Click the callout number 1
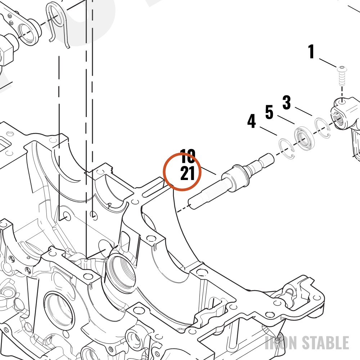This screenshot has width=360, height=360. click(311, 51)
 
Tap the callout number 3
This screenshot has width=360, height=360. click(287, 102)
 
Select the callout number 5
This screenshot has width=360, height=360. click(269, 112)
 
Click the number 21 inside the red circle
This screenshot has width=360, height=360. click(188, 174)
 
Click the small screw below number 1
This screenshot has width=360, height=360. click(342, 76)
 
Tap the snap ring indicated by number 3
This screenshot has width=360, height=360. click(323, 128)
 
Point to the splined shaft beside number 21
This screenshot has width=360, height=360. click(231, 181)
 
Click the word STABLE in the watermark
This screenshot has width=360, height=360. click(325, 343)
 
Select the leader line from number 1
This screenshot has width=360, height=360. click(328, 63)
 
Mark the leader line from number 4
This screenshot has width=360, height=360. click(269, 131)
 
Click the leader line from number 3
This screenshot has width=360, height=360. click(303, 111)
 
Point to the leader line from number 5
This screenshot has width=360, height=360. click(286, 120)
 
